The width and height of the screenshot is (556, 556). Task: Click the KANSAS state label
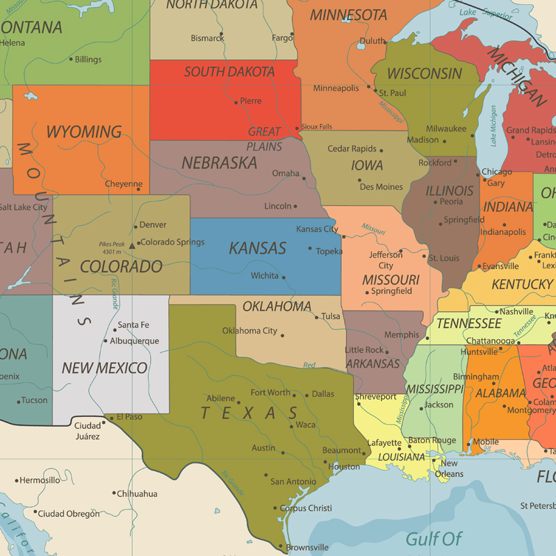257,248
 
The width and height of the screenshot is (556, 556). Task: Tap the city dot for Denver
136,225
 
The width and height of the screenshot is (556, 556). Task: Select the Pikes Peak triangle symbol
132,245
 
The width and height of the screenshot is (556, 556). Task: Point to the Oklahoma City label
250,331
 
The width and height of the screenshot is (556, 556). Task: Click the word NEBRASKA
219,163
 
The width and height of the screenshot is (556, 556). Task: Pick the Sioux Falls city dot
298,127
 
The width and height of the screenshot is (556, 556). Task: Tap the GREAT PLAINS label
265,139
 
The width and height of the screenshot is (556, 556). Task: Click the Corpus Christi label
306,508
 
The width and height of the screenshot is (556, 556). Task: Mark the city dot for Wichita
284,276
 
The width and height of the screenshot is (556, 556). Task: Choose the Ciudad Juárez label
88,431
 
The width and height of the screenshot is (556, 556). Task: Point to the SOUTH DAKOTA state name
229,72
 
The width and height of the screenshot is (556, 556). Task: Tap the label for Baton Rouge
432,440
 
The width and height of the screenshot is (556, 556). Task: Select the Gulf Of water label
434,538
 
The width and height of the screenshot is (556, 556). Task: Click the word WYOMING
83,131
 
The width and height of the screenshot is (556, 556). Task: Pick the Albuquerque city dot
106,341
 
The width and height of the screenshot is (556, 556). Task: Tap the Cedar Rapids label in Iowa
352,149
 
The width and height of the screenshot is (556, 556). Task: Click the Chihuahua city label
137,494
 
